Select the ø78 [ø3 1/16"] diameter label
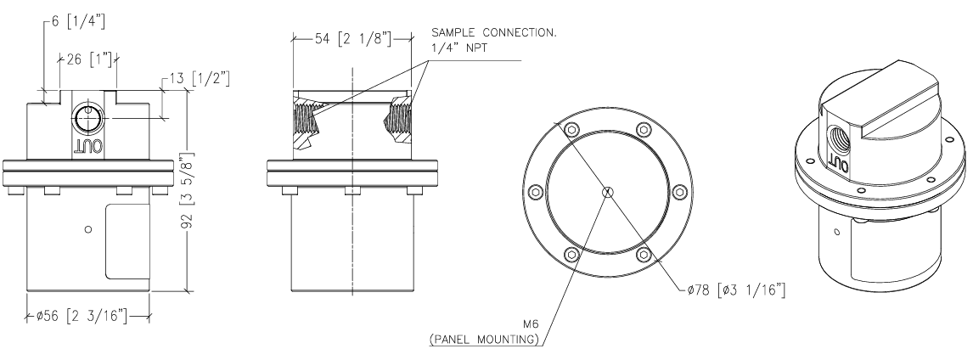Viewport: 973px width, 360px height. tap(736, 290)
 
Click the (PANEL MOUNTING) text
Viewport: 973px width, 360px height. tap(484, 340)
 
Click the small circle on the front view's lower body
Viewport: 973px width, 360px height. tap(88, 229)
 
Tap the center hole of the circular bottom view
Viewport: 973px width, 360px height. tap(608, 193)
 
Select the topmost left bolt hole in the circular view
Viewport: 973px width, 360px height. tap(572, 130)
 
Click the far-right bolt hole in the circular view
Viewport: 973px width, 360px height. tap(680, 193)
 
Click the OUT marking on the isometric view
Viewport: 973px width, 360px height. tap(840, 165)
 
